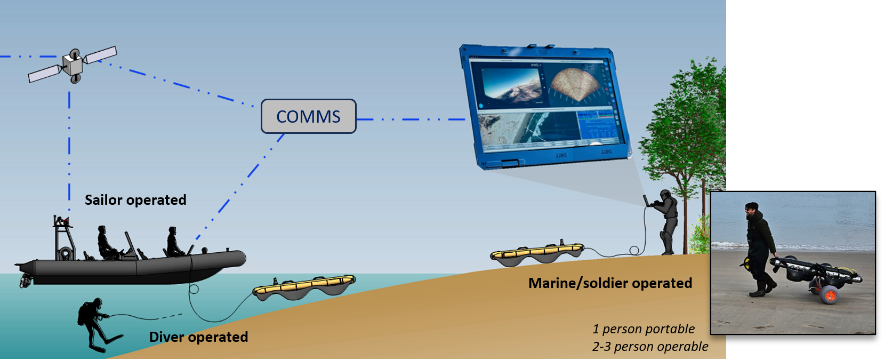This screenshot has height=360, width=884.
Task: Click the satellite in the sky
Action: point(73,65)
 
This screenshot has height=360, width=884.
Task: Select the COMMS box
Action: point(308,116)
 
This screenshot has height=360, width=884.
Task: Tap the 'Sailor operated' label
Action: point(135,200)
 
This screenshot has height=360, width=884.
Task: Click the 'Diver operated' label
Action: point(198,337)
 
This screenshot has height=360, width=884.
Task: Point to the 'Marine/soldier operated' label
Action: point(610,283)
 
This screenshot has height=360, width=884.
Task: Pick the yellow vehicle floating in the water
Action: point(304,286)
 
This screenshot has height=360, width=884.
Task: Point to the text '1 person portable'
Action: point(643,329)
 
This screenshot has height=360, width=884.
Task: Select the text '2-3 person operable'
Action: point(650,347)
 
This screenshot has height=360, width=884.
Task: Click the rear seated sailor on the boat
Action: point(107,243)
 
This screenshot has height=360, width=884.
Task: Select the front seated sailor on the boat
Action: point(173,242)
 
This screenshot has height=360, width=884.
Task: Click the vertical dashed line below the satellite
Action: point(69,144)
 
